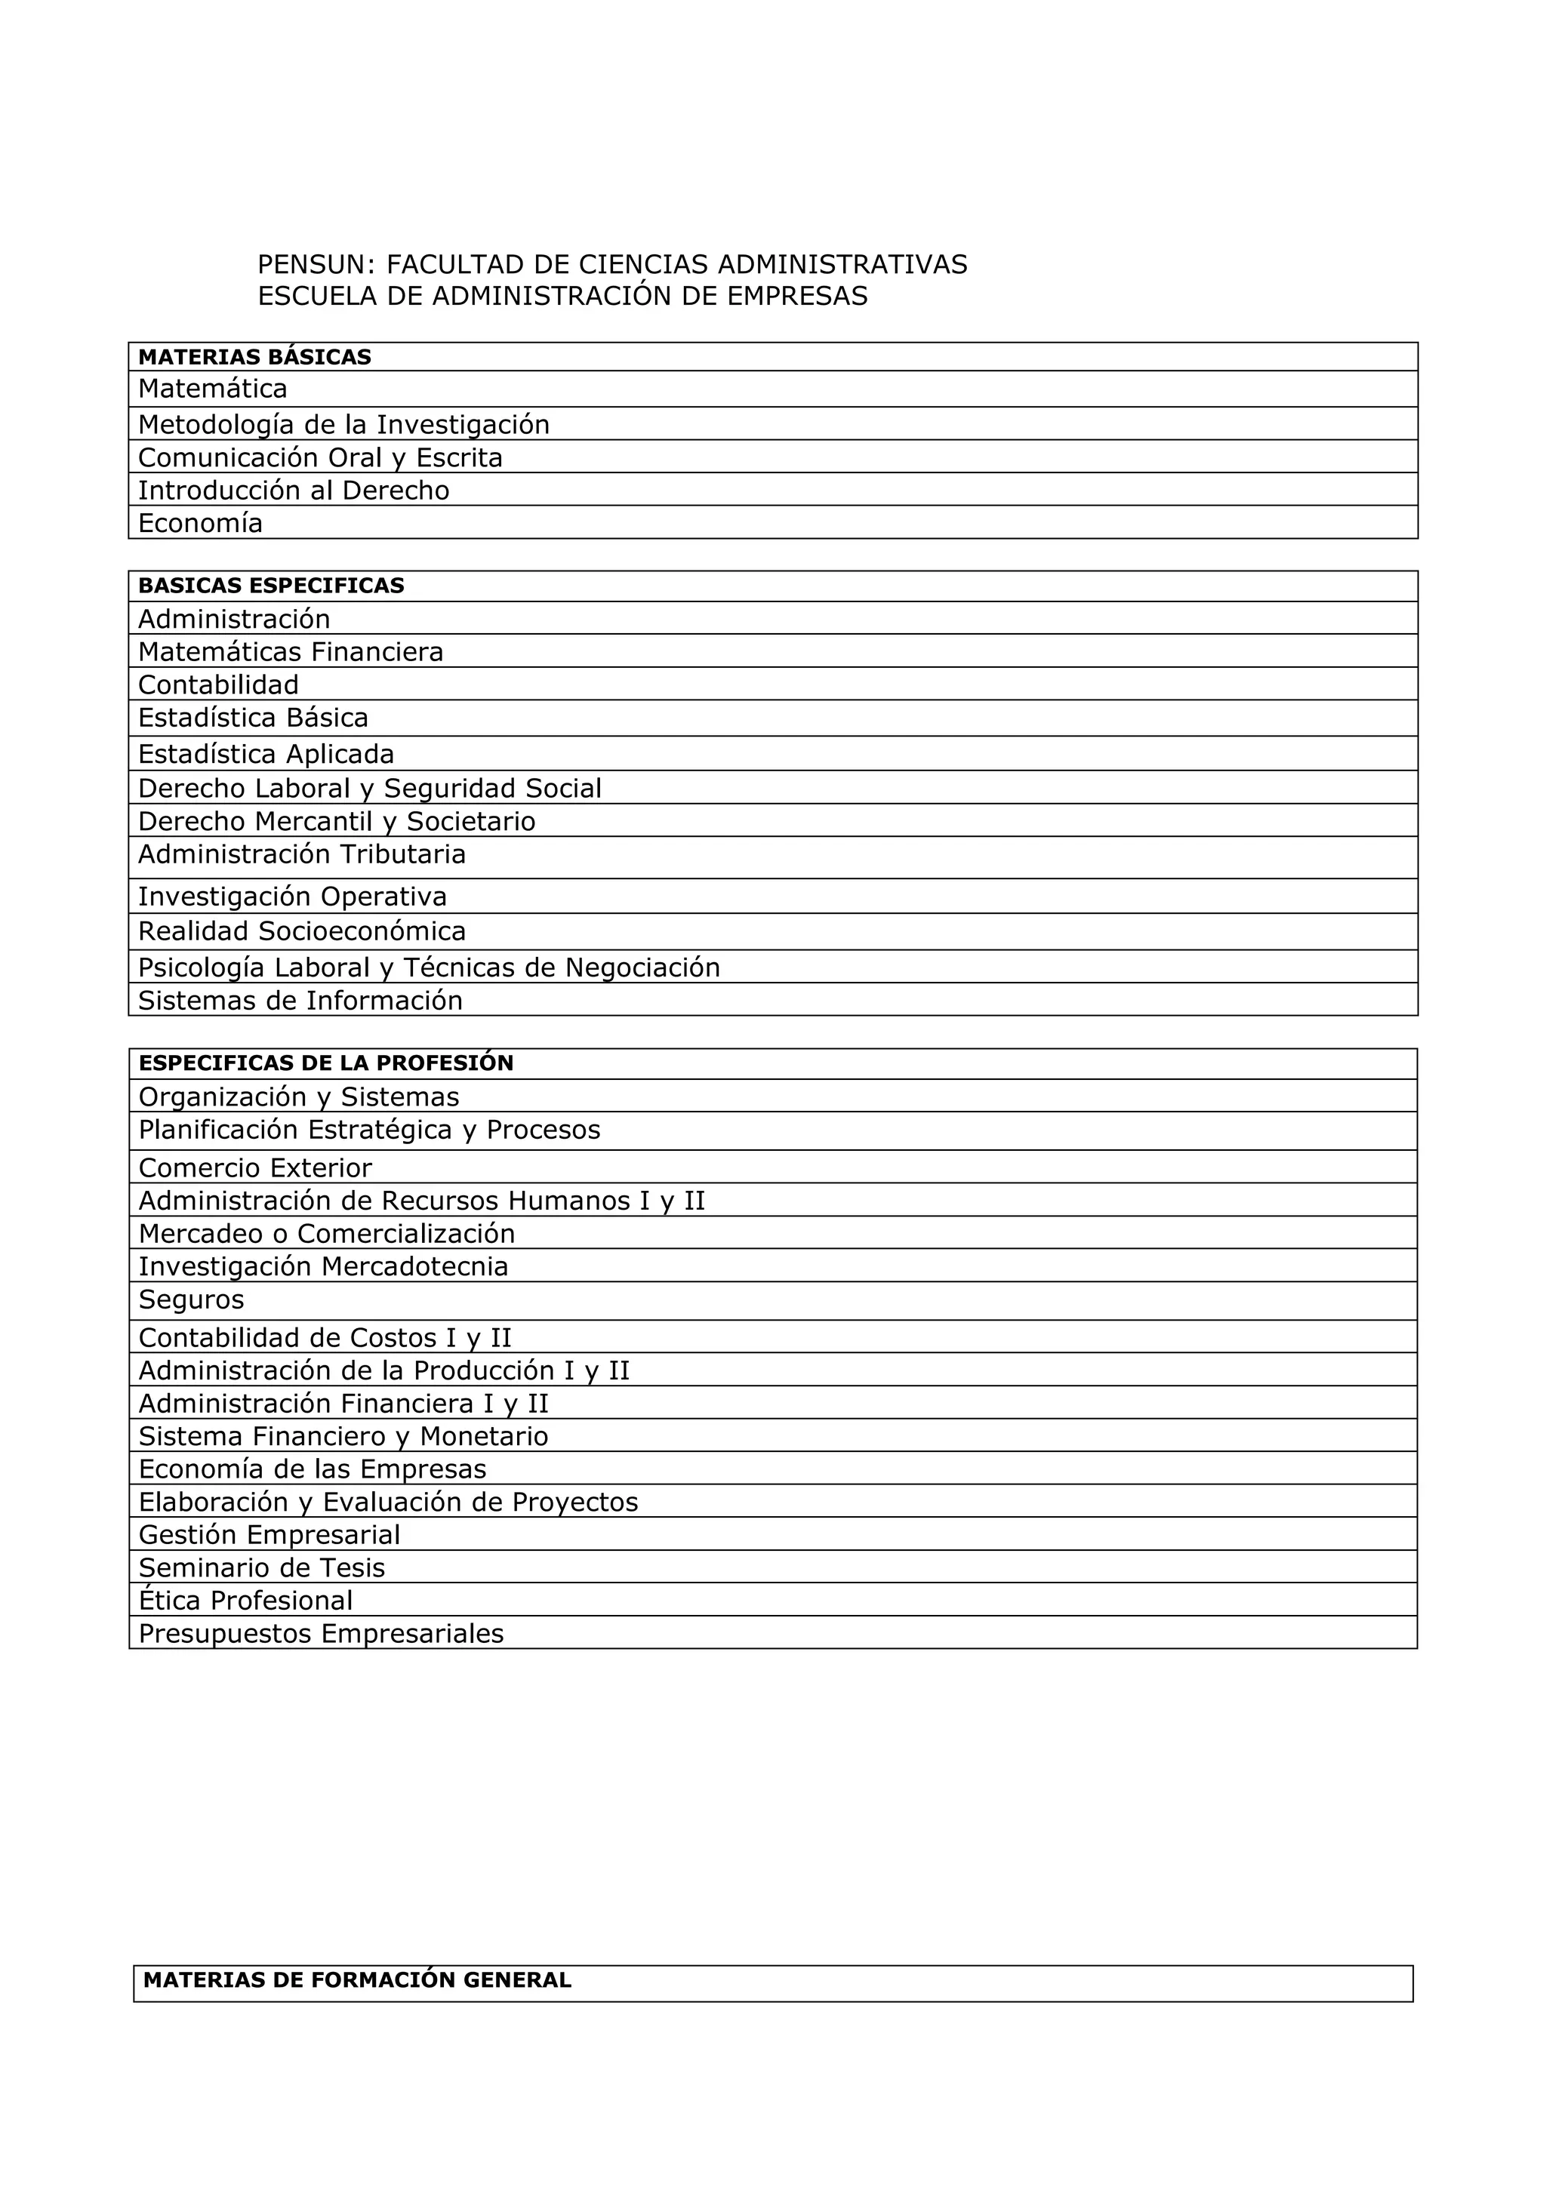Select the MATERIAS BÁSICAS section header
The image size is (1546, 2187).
254,357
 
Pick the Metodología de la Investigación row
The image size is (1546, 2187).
344,424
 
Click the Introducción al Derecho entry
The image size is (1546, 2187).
294,490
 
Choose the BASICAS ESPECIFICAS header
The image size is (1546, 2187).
272,586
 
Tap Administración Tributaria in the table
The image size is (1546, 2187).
302,854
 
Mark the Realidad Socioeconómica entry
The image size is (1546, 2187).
302,930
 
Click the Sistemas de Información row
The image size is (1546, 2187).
300,1000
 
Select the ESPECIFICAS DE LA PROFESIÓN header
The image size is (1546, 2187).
326,1063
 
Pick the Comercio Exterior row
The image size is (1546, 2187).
255,1167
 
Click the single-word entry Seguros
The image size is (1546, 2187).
192,1300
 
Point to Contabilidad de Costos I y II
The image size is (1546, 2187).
325,1337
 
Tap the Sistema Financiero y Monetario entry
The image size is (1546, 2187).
343,1435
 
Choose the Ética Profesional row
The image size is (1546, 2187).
246,1599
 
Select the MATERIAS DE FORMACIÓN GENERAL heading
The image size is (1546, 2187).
357,1979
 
